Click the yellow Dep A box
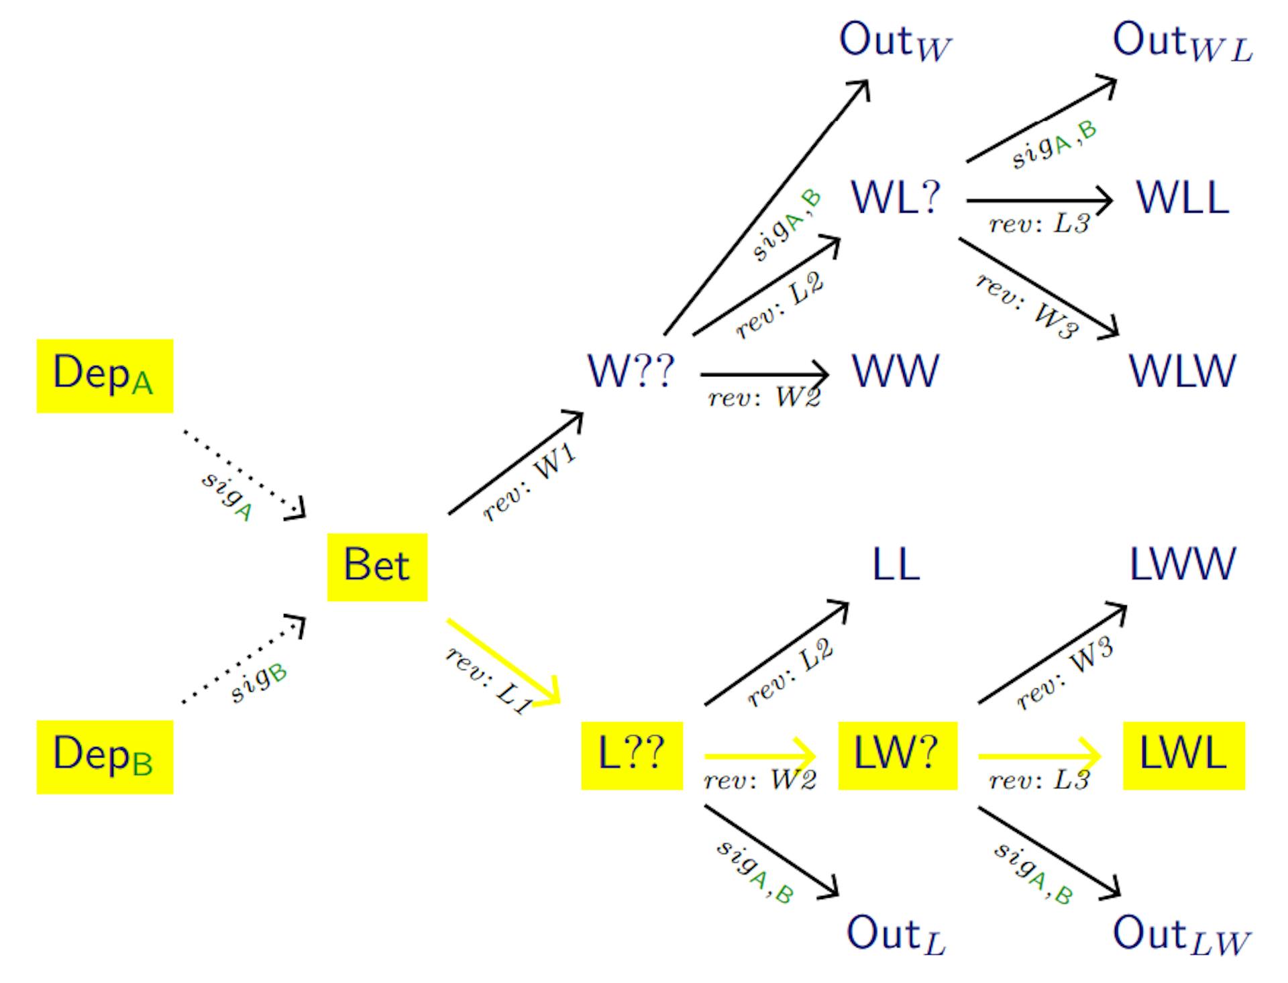[x=105, y=376]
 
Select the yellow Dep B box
[x=105, y=757]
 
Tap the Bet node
[x=377, y=566]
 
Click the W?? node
[x=631, y=371]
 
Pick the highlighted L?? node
[x=631, y=756]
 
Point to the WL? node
[x=896, y=198]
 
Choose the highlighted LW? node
[x=897, y=756]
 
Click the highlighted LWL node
[x=1183, y=756]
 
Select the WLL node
[x=1183, y=198]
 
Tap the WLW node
[x=1183, y=371]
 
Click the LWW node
[x=1183, y=564]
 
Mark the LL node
[x=896, y=564]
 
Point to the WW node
[x=896, y=371]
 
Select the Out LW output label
[x=1181, y=934]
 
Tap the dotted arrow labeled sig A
[x=244, y=473]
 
